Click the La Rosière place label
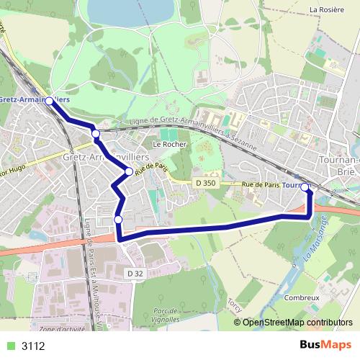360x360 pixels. (x=324, y=9)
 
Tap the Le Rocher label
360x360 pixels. (x=171, y=144)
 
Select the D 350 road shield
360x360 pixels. (x=205, y=184)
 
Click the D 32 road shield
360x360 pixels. (x=132, y=274)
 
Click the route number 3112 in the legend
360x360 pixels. (x=33, y=346)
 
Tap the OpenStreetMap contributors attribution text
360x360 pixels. (x=299, y=323)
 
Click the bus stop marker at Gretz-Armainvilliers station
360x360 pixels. (x=49, y=102)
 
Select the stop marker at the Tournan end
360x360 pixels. (x=305, y=187)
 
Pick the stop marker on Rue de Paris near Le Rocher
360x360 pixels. (x=129, y=171)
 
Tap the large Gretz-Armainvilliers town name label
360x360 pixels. (x=106, y=156)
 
